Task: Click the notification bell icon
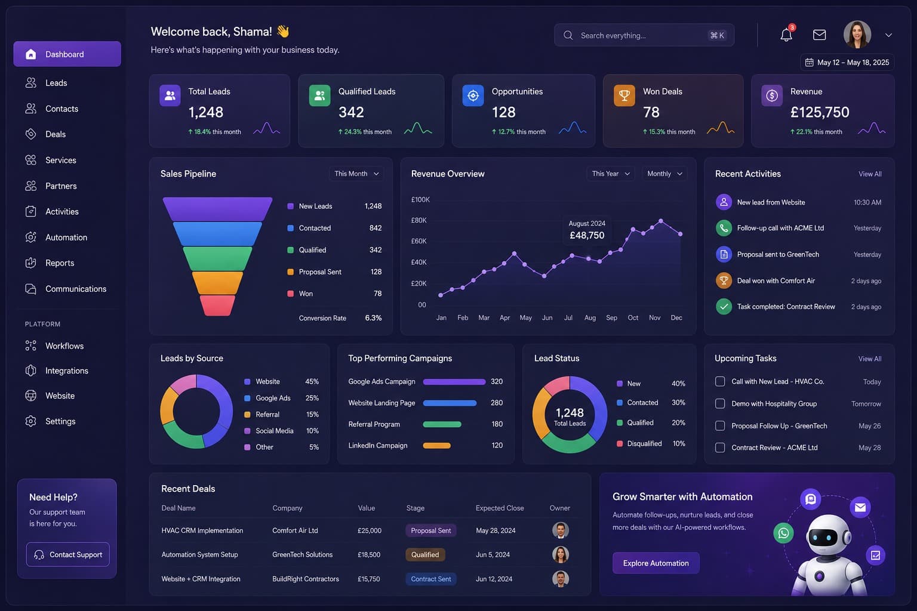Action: coord(786,35)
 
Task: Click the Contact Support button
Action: coord(68,554)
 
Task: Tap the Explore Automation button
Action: coord(656,563)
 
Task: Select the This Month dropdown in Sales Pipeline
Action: coord(356,174)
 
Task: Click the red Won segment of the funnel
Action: coord(217,305)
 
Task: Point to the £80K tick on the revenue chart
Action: coord(419,220)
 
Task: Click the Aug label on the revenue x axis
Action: coord(590,317)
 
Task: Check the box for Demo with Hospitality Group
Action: coord(719,403)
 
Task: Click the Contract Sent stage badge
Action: coord(430,579)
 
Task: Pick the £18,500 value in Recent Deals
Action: coord(369,554)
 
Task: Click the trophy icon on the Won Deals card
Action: coord(624,95)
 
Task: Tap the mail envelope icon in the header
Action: coord(819,35)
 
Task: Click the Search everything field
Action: coord(644,35)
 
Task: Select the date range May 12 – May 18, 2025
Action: coord(847,62)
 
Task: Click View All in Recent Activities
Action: coord(870,174)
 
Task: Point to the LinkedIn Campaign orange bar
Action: coord(437,445)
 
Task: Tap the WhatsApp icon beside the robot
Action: coord(783,533)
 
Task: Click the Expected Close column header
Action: coord(500,508)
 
